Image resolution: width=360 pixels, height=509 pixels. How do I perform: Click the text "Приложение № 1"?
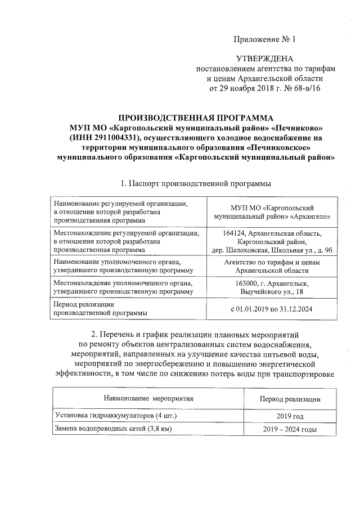264,39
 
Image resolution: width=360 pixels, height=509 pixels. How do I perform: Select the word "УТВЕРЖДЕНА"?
264,59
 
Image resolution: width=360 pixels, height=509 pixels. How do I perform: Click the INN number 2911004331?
115,138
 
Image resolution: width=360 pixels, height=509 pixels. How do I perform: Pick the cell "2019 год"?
290,416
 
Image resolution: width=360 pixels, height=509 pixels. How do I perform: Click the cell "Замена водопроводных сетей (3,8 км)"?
112,429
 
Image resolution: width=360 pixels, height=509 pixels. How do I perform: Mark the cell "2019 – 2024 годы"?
290,430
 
